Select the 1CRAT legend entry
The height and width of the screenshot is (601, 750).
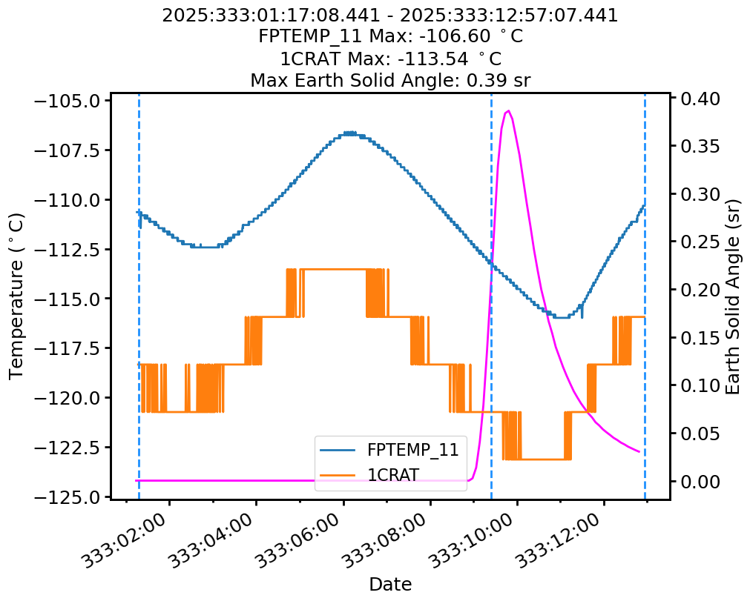(392, 474)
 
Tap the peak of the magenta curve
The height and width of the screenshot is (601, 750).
(508, 111)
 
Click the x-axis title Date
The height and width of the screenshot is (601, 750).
(390, 584)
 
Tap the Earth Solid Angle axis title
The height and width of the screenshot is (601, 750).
(733, 296)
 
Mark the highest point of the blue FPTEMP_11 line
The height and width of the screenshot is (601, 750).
(349, 133)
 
